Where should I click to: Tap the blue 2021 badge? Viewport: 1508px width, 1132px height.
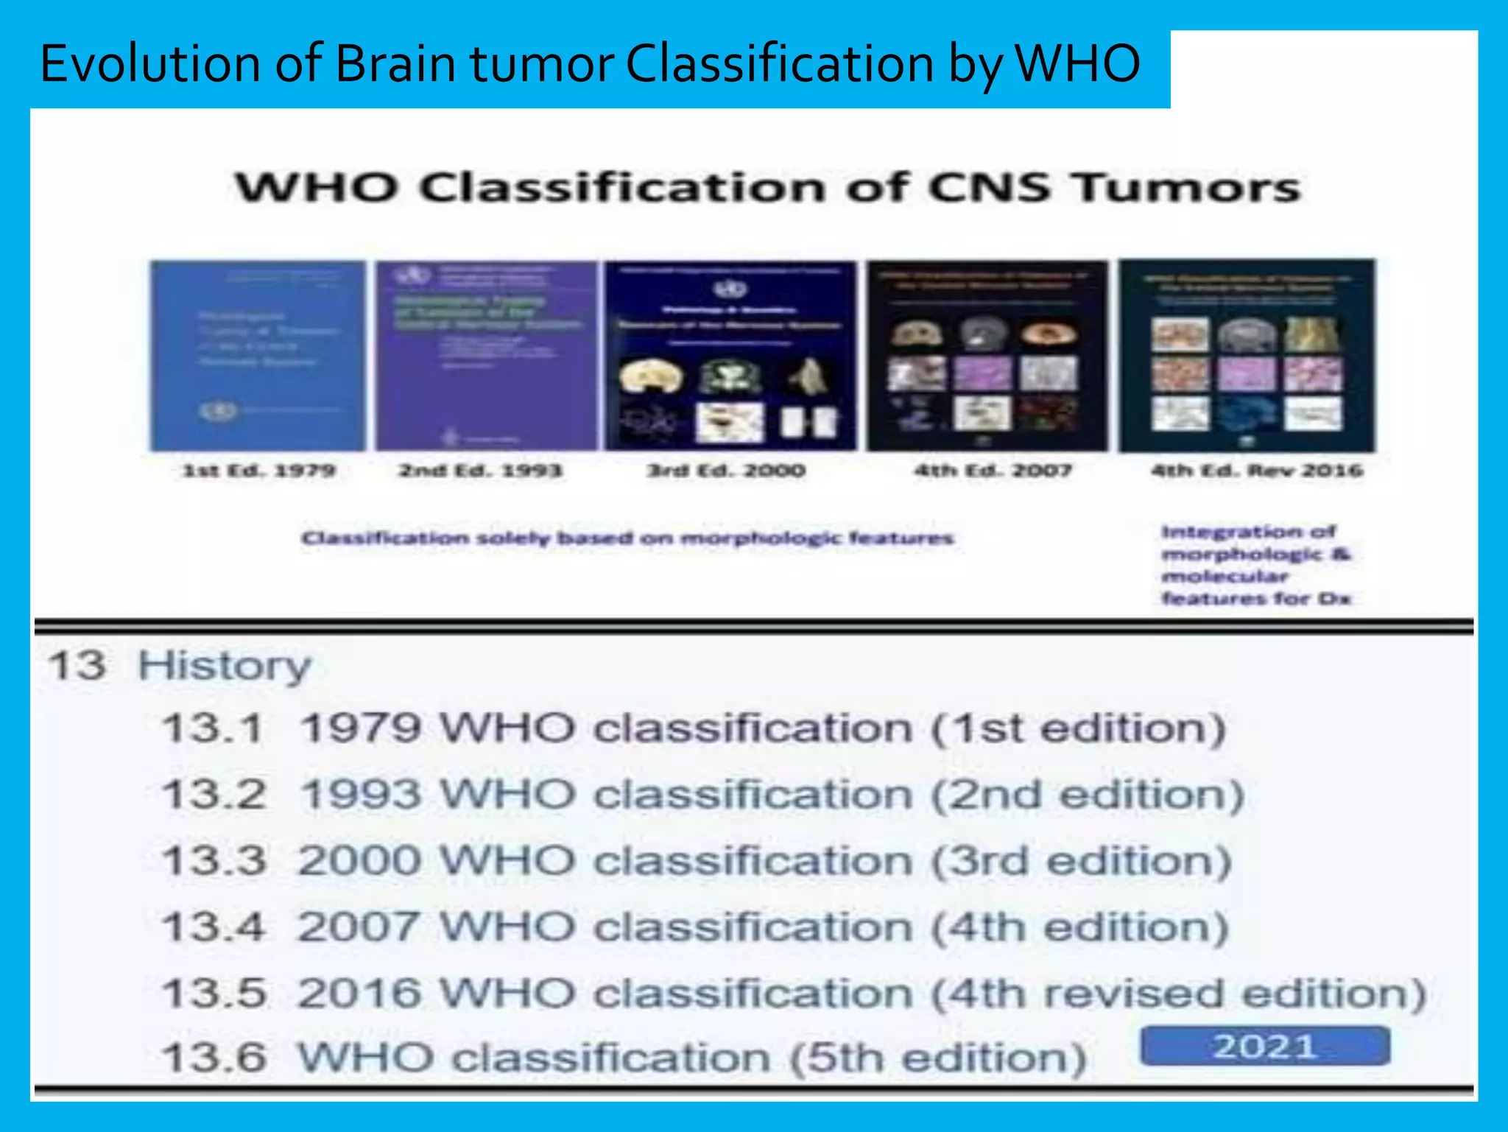click(x=1265, y=1047)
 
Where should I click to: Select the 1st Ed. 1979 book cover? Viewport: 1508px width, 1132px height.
click(x=258, y=356)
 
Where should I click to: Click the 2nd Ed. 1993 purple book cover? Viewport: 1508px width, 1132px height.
click(x=487, y=356)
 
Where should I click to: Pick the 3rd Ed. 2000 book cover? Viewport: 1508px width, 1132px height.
click(x=730, y=356)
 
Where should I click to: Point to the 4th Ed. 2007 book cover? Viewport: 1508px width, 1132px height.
click(x=987, y=356)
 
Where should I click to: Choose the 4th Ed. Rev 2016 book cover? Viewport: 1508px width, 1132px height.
click(x=1247, y=356)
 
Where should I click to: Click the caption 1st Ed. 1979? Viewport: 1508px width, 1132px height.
click(x=258, y=471)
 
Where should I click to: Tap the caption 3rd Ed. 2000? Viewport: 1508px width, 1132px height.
click(x=726, y=471)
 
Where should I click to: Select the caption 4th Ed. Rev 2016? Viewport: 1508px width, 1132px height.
click(x=1257, y=471)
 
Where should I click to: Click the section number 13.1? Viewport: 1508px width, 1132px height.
click(x=212, y=729)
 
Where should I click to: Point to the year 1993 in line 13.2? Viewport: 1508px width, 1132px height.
click(x=361, y=795)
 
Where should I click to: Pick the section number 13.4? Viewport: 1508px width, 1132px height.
click(x=212, y=927)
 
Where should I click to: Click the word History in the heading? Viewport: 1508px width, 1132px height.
click(x=225, y=666)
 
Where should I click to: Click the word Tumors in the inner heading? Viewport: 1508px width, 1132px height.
click(x=1187, y=187)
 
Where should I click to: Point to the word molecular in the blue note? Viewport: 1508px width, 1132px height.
click(x=1225, y=577)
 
